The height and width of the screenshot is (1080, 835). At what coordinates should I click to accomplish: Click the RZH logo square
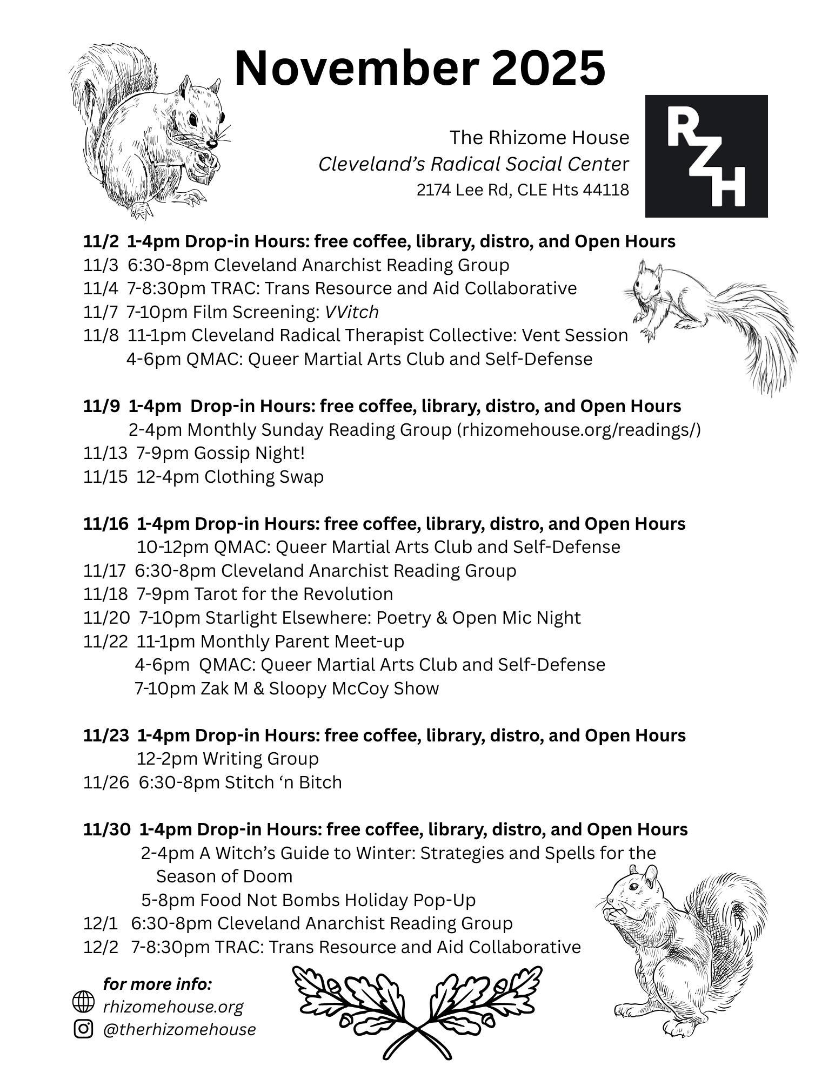click(x=706, y=156)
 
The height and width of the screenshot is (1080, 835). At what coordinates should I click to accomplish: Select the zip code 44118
click(x=606, y=190)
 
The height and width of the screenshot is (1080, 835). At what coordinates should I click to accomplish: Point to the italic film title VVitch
click(x=351, y=312)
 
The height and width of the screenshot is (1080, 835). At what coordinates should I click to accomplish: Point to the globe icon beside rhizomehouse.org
click(x=83, y=1002)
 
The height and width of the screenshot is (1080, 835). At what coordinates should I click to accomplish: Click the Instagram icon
click(x=83, y=1029)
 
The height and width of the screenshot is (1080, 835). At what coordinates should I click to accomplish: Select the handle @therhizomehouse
click(x=179, y=1029)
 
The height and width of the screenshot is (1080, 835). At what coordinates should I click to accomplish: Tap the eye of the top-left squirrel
click(x=193, y=118)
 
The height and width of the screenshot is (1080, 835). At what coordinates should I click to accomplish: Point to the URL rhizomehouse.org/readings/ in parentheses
click(x=579, y=430)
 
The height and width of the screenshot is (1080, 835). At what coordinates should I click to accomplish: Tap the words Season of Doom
click(x=224, y=876)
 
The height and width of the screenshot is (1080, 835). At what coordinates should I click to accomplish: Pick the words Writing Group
click(x=260, y=759)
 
